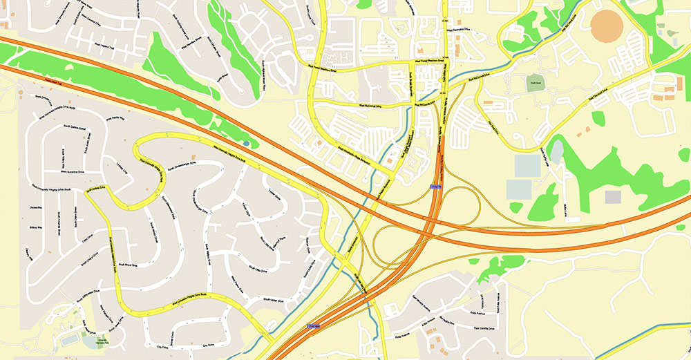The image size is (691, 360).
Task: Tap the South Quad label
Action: pos(534,83)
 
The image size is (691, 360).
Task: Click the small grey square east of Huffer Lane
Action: pos(613,197)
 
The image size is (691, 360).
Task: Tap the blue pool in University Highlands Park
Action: pos(70,340)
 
